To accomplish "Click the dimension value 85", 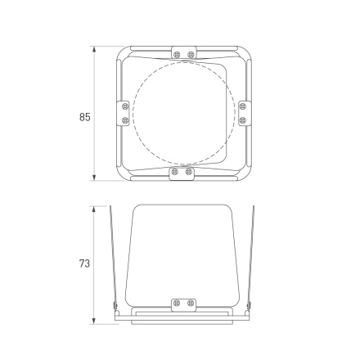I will point(84,117).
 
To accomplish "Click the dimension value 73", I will point(84,264).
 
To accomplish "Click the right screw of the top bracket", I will point(190,54).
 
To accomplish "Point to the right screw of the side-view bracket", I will point(190,304).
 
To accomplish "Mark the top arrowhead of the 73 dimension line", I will point(96,208).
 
